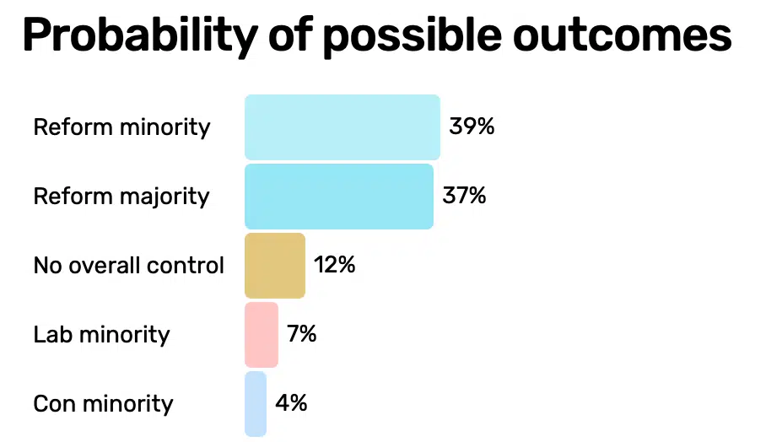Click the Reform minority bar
[343, 127]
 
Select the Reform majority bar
[339, 197]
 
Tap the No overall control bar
[275, 266]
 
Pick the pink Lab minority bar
[262, 335]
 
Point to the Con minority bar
[256, 404]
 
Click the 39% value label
[472, 127]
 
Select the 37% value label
[465, 197]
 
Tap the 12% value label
[335, 266]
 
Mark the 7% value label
[302, 335]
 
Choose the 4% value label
[291, 404]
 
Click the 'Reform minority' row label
[121, 127]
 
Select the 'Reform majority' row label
[121, 197]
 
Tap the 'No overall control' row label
[129, 266]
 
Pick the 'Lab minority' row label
[101, 335]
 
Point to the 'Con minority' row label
[103, 404]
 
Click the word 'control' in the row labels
[191, 266]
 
